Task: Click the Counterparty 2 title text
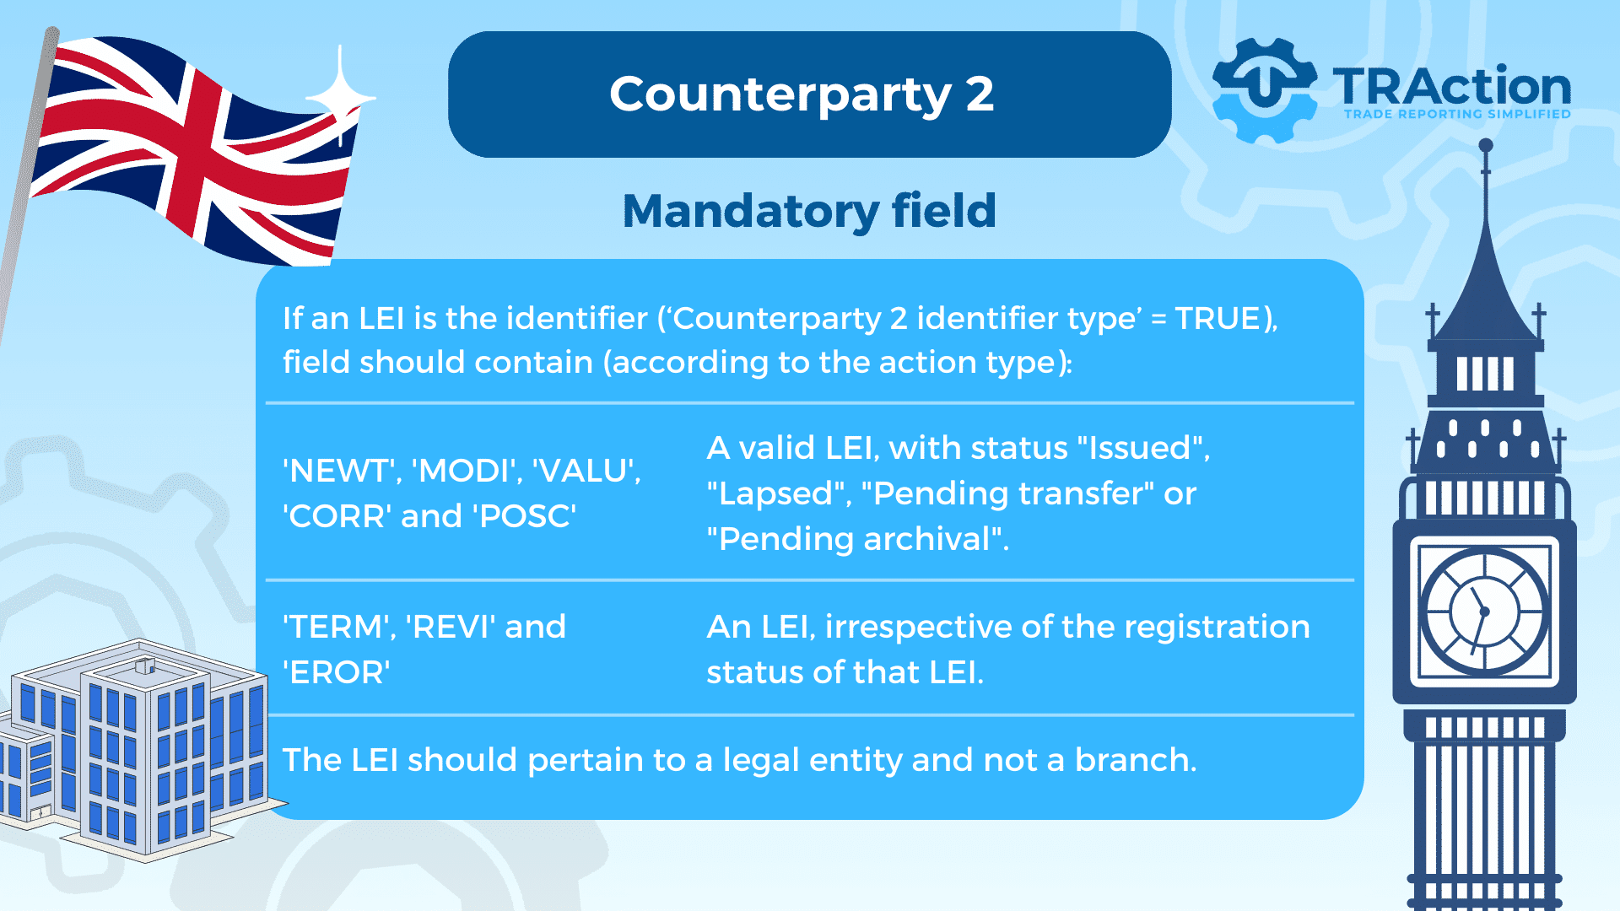[x=802, y=94]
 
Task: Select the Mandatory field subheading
[x=809, y=211]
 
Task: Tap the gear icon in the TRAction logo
[x=1263, y=90]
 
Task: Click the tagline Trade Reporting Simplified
[x=1457, y=114]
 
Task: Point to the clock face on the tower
[x=1484, y=611]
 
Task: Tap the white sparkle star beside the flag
[x=340, y=97]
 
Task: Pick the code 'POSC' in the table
[x=527, y=516]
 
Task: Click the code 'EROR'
[x=337, y=673]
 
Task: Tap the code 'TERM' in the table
[x=339, y=628]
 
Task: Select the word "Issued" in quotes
[x=1140, y=448]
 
